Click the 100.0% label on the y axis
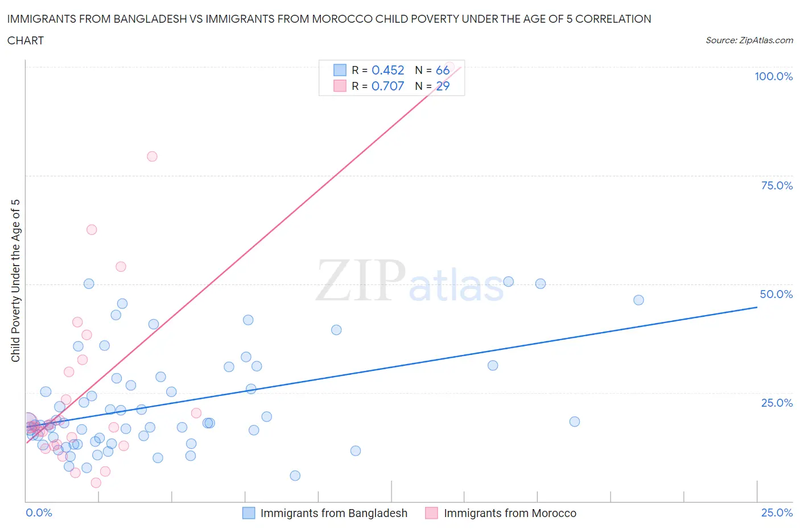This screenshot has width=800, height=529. click(773, 76)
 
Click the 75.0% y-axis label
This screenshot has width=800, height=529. click(777, 185)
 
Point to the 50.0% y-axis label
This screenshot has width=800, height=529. click(776, 294)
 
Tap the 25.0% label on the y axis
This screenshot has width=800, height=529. click(777, 403)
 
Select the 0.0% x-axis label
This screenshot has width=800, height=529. click(39, 513)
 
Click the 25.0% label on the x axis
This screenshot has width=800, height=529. click(777, 513)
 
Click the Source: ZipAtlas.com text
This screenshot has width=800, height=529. click(749, 40)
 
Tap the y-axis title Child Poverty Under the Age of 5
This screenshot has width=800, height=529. click(16, 280)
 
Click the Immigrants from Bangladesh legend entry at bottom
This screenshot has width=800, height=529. click(333, 513)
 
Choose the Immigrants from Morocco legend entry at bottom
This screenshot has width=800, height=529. click(510, 513)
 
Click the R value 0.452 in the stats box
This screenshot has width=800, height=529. click(387, 70)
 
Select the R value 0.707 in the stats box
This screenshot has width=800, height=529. click(387, 86)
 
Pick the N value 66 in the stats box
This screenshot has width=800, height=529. click(442, 70)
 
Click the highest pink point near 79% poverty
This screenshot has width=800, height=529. click(152, 156)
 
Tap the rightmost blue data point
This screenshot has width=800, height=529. click(638, 300)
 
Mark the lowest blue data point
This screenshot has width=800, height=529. click(295, 476)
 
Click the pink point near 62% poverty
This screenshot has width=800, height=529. click(92, 230)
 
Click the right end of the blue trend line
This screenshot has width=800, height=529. click(757, 307)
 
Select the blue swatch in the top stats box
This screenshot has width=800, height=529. click(340, 70)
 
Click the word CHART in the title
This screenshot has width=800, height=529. click(26, 40)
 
